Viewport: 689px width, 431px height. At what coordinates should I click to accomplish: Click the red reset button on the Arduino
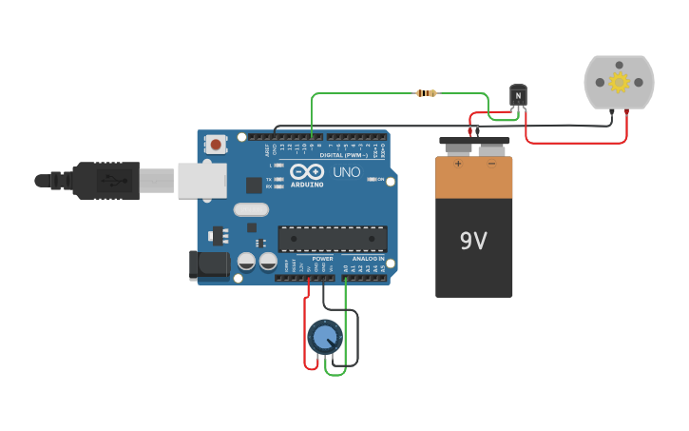point(216,145)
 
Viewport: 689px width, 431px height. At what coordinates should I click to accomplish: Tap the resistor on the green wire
point(427,93)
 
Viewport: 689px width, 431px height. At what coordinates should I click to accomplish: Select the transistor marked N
point(518,95)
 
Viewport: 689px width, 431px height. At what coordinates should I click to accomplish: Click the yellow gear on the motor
point(620,82)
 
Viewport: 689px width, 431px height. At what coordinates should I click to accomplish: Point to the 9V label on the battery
point(473,241)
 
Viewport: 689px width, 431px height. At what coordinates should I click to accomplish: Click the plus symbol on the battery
point(458,164)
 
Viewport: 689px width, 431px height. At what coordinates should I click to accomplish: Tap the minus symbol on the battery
point(491,164)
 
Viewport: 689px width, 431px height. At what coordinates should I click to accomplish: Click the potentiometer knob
point(325,336)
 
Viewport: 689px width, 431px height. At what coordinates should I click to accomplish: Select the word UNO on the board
point(346,172)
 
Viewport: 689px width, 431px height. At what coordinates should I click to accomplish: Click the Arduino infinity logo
point(307,172)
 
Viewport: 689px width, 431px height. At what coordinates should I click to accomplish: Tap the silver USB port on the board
point(201,180)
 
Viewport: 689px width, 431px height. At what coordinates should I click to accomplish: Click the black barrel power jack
point(209,264)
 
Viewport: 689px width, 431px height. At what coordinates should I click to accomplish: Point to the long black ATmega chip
point(333,239)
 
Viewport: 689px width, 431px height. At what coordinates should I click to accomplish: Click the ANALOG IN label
point(368,259)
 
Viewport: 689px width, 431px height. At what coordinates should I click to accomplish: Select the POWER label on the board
point(322,259)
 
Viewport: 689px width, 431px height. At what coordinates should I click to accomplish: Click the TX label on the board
point(269,179)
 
